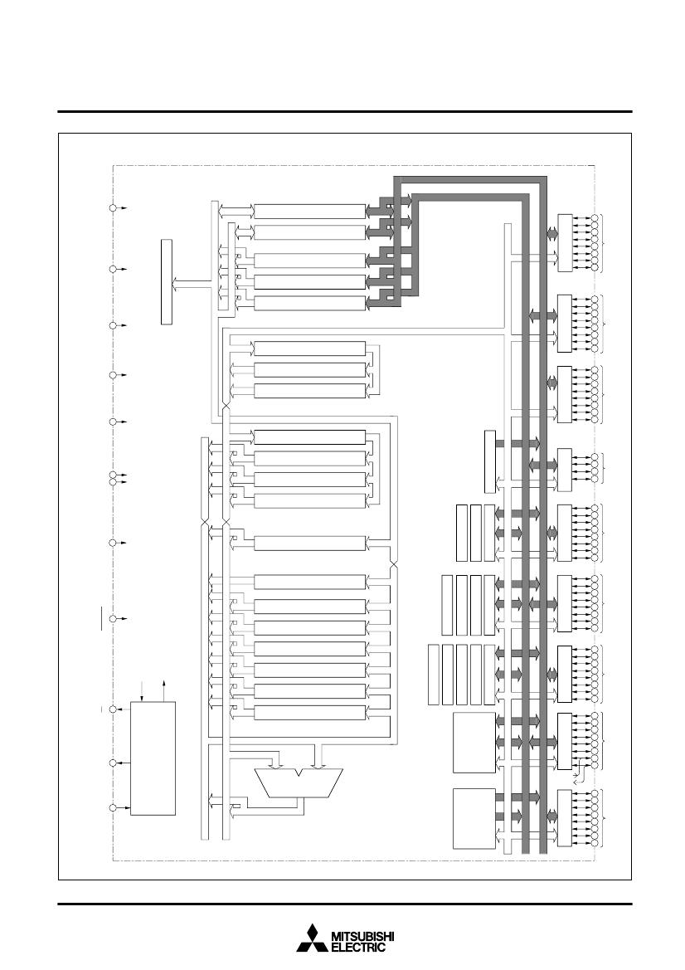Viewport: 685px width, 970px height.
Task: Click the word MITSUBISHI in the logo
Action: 363,937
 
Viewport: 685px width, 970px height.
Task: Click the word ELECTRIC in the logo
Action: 358,947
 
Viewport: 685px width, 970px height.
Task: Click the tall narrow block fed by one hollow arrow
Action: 167,280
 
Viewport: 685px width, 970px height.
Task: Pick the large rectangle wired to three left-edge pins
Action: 153,758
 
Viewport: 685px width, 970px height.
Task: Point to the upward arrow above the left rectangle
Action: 164,690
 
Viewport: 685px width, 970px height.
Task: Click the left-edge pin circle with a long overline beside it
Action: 113,619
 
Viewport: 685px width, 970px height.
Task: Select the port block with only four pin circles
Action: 565,466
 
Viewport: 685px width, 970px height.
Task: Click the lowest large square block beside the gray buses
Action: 474,818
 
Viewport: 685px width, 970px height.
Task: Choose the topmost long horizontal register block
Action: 309,211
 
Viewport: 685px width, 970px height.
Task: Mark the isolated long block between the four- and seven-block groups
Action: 309,543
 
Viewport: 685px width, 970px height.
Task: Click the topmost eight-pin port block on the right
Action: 565,242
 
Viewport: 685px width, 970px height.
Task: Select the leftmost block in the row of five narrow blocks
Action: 434,675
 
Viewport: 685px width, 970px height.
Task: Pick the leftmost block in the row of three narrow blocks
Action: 461,534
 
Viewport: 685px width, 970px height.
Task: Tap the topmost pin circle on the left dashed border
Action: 113,208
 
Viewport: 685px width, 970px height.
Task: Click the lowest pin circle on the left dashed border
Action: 113,808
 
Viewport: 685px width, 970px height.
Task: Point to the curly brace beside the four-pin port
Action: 604,467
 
